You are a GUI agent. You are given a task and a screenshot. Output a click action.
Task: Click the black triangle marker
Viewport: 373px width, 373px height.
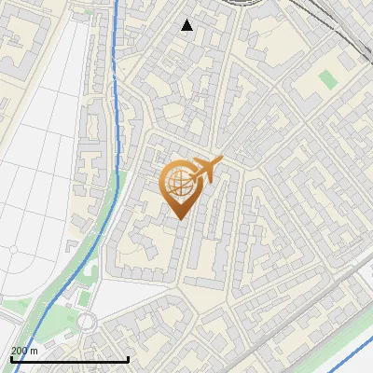[187, 25]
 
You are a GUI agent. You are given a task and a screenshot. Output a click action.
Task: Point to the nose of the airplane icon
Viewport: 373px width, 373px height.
[220, 161]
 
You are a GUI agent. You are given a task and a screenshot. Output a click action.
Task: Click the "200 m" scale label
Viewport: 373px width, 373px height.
[25, 351]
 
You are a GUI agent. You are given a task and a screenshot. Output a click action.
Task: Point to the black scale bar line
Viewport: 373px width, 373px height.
[70, 359]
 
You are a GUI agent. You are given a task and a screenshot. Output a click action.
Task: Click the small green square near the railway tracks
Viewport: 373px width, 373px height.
[325, 78]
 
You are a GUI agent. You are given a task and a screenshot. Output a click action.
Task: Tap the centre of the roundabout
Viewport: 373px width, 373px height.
[88, 322]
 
